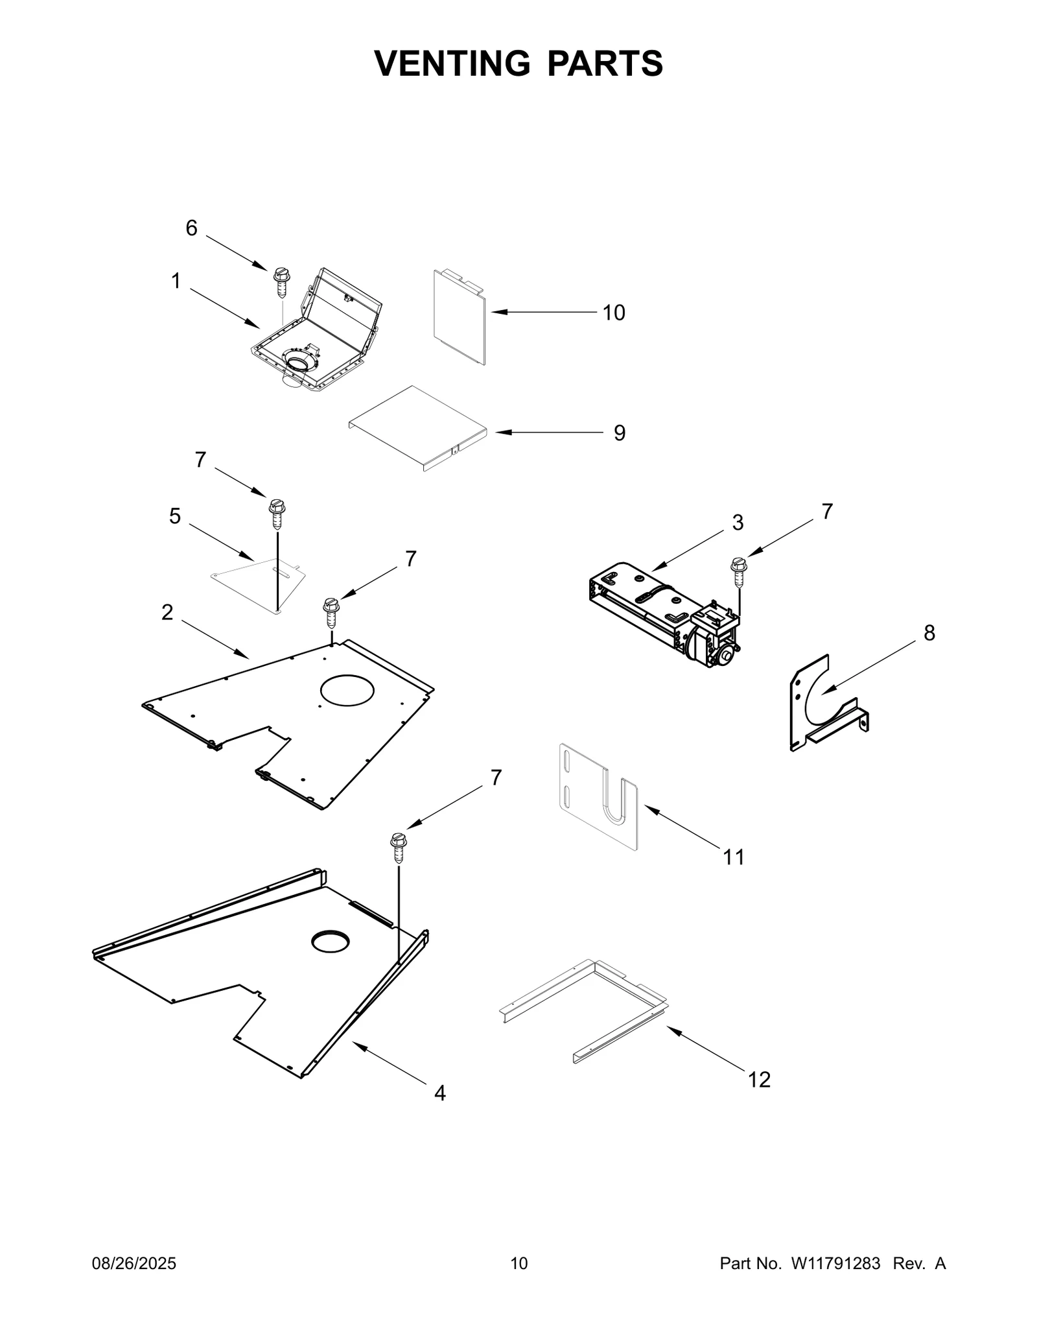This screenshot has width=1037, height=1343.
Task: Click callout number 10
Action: click(x=613, y=313)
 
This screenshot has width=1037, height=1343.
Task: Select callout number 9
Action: click(x=619, y=433)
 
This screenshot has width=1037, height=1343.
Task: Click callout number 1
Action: click(x=176, y=281)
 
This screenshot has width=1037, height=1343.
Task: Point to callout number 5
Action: click(x=175, y=516)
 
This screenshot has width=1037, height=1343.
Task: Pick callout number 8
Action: click(x=929, y=633)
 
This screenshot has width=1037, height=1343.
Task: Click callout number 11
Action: click(x=733, y=857)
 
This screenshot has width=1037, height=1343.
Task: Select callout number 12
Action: click(x=759, y=1080)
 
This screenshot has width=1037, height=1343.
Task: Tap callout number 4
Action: click(x=439, y=1093)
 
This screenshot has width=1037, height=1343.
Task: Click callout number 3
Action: click(x=738, y=523)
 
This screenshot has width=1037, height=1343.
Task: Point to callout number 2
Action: click(x=167, y=612)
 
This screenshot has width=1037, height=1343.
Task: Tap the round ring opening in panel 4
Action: click(x=330, y=942)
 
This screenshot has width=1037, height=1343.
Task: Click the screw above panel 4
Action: click(x=398, y=848)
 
